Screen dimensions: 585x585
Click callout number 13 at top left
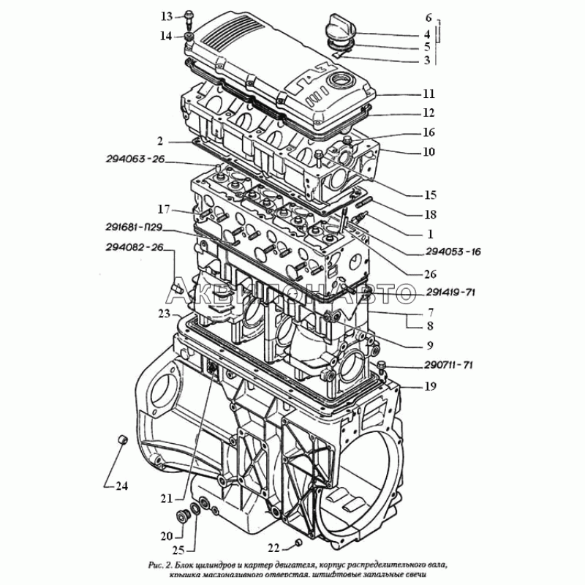coord(167,15)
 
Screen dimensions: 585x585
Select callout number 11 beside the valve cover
coord(429,94)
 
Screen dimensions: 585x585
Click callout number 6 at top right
coord(429,16)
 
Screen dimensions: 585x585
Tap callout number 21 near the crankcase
coord(167,499)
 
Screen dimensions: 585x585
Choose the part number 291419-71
coord(450,293)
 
